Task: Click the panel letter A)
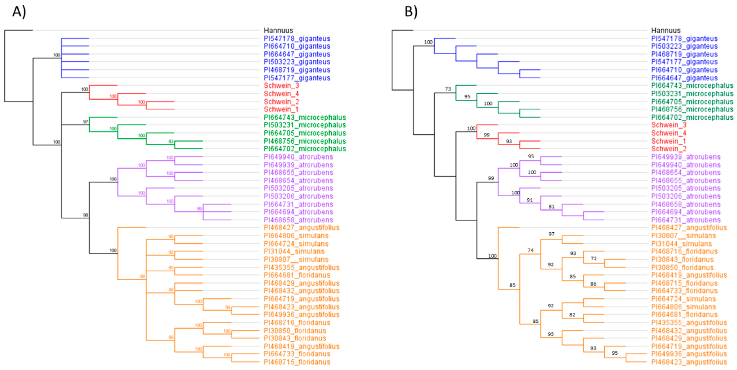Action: (x=19, y=12)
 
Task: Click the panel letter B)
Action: (x=411, y=12)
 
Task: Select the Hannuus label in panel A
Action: (x=278, y=30)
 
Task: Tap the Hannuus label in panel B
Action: (x=665, y=30)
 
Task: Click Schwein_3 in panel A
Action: (x=281, y=86)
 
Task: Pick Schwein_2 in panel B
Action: (x=668, y=149)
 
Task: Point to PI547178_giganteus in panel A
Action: (x=297, y=39)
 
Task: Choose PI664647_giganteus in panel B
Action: (x=684, y=78)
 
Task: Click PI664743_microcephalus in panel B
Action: (x=692, y=86)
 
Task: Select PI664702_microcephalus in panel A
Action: (x=304, y=149)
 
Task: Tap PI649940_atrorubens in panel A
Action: (x=298, y=157)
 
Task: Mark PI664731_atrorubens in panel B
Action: (x=686, y=220)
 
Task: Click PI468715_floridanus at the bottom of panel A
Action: (x=297, y=362)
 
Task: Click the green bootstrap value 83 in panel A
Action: (x=171, y=141)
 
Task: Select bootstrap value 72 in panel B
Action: (x=594, y=258)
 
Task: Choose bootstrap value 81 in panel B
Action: (x=551, y=206)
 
